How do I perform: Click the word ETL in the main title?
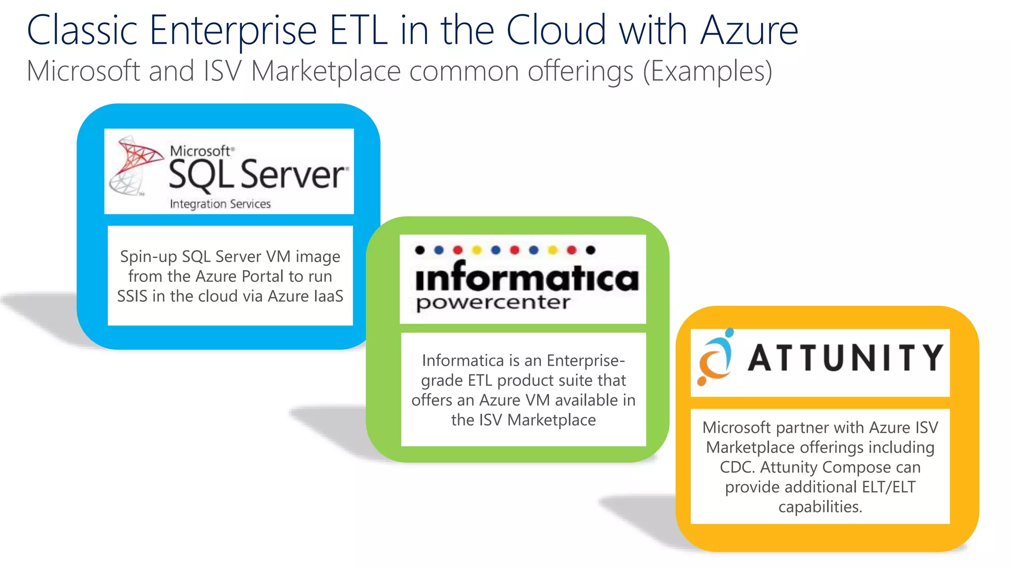(358, 31)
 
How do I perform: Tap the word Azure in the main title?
(749, 31)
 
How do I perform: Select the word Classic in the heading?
(82, 31)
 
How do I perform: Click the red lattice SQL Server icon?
(135, 165)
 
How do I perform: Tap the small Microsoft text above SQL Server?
(200, 150)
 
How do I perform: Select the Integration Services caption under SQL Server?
(220, 204)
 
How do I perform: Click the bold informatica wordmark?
(527, 277)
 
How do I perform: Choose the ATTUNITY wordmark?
(845, 357)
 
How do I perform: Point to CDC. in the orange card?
(738, 467)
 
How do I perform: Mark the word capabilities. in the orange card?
(820, 506)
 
